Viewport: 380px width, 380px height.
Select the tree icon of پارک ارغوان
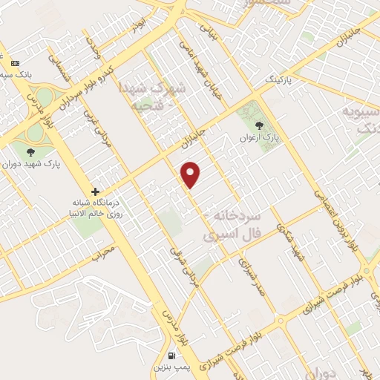point(258,125)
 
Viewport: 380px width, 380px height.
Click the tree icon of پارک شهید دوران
point(30,152)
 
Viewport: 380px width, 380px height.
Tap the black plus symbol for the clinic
point(95,191)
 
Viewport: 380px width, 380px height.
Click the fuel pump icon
point(172,355)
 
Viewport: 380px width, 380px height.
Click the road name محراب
point(104,255)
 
